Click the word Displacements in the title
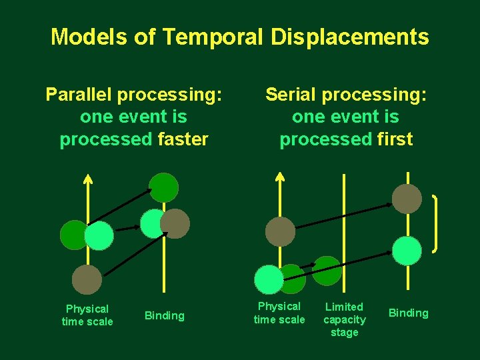point(349,37)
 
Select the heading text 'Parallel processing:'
point(133,95)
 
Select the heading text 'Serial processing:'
point(346,95)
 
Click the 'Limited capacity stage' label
point(344,319)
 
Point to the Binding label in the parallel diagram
point(164,315)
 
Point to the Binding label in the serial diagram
point(408,313)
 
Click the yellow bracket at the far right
point(436,223)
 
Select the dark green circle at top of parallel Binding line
point(163,187)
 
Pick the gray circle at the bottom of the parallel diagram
point(87,279)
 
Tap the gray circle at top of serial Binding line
point(407,199)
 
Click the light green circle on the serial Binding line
point(407,250)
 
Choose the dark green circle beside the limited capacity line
point(327,270)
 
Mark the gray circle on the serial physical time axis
point(280,231)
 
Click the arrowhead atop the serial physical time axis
point(280,177)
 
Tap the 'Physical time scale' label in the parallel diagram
point(87,315)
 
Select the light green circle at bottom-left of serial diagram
point(269,279)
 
